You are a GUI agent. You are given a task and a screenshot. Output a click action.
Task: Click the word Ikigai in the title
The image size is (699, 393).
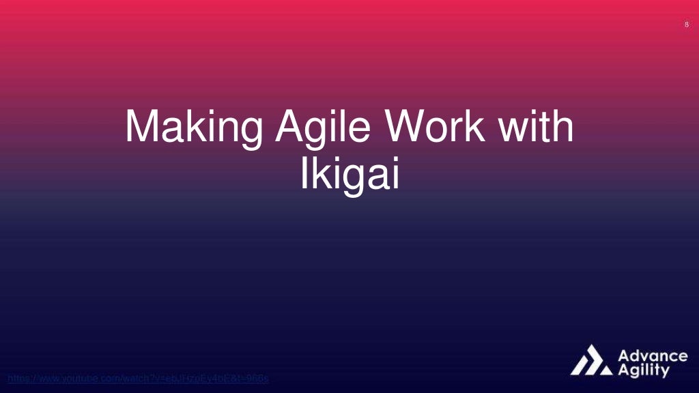tap(349, 175)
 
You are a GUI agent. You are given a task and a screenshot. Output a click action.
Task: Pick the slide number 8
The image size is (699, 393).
tap(686, 25)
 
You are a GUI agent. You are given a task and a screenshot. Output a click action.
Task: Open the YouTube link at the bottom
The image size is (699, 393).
tap(137, 378)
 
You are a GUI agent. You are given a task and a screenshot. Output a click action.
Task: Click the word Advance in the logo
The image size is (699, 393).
tap(653, 357)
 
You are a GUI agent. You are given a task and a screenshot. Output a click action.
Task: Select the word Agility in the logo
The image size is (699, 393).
tap(644, 371)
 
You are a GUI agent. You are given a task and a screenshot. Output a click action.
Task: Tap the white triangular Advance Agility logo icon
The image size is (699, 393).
tap(591, 361)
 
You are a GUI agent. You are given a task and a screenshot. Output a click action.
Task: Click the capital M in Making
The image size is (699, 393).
tap(141, 128)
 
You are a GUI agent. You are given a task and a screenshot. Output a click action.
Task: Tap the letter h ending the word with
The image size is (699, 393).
tap(562, 128)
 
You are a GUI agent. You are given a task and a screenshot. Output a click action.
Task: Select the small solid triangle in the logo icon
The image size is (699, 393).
tap(605, 370)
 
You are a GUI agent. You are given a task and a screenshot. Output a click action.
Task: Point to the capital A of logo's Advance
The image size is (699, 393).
tap(624, 357)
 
